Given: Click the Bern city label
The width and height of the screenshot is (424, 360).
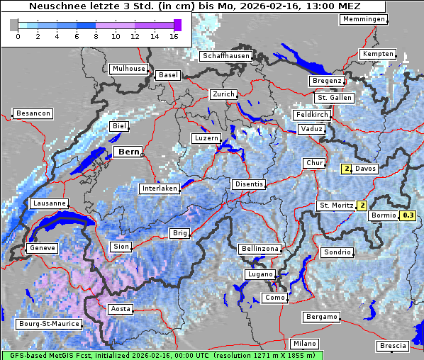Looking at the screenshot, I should pyautogui.click(x=128, y=152).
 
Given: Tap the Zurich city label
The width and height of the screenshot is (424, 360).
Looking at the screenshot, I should pyautogui.click(x=223, y=94).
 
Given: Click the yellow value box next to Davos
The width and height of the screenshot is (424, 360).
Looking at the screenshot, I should pyautogui.click(x=346, y=169).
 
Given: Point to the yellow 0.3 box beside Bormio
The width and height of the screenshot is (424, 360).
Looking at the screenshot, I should pyautogui.click(x=407, y=215).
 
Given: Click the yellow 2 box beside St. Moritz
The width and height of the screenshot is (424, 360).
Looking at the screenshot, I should pyautogui.click(x=362, y=206).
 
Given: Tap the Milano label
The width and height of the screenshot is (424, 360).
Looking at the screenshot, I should pyautogui.click(x=305, y=344).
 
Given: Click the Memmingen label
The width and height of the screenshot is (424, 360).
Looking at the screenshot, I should pyautogui.click(x=364, y=19).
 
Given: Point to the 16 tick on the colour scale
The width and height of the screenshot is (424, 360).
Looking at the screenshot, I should pyautogui.click(x=174, y=35).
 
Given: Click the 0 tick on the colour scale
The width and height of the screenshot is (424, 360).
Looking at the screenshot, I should pyautogui.click(x=18, y=35).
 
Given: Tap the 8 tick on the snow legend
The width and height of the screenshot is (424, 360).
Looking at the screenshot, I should pyautogui.click(x=96, y=35).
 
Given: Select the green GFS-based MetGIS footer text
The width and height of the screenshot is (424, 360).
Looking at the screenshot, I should pyautogui.click(x=162, y=354).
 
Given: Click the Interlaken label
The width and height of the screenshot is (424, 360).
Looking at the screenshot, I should pyautogui.click(x=160, y=189).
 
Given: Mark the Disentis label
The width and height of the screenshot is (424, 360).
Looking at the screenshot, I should pyautogui.click(x=249, y=184).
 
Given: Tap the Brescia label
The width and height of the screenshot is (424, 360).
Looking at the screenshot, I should pyautogui.click(x=393, y=346).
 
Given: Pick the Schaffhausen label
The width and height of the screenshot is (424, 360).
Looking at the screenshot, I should pyautogui.click(x=225, y=55).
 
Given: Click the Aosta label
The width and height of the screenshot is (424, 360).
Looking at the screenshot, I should pyautogui.click(x=120, y=309).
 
